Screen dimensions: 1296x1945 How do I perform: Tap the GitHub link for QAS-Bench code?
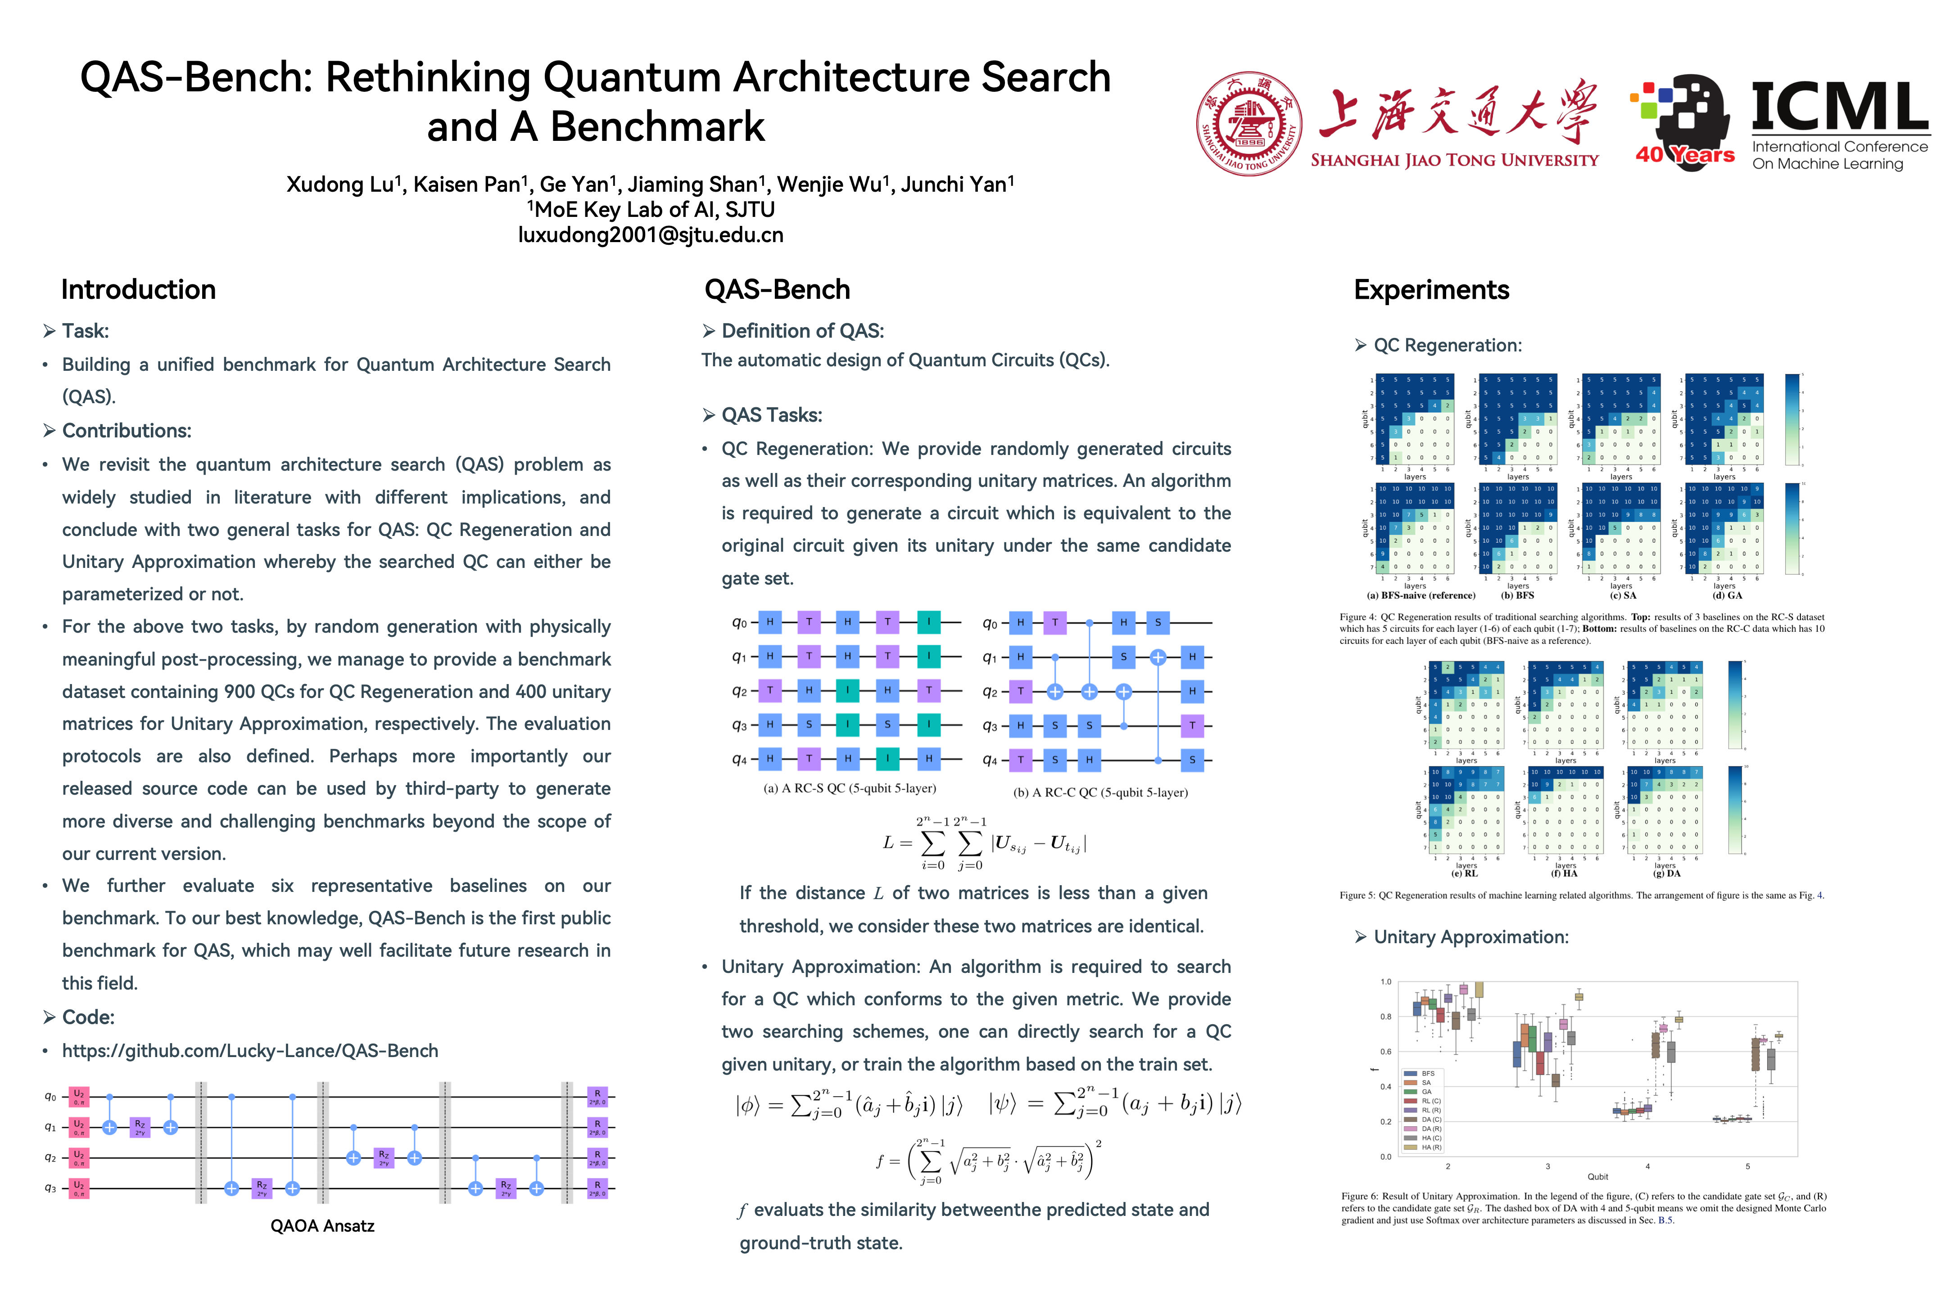click(250, 1050)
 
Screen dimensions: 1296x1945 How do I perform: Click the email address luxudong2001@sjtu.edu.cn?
click(650, 235)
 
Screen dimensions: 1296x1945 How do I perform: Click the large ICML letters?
click(1839, 108)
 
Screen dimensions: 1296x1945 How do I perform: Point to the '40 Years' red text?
click(1684, 154)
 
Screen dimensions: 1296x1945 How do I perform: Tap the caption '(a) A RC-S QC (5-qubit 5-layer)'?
click(849, 788)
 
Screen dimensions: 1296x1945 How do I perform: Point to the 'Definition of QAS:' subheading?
click(802, 331)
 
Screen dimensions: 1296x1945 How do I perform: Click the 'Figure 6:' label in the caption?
click(1360, 1196)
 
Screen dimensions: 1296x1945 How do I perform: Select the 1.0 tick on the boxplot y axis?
click(1386, 982)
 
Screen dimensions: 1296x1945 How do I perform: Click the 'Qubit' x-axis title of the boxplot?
click(1598, 1176)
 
